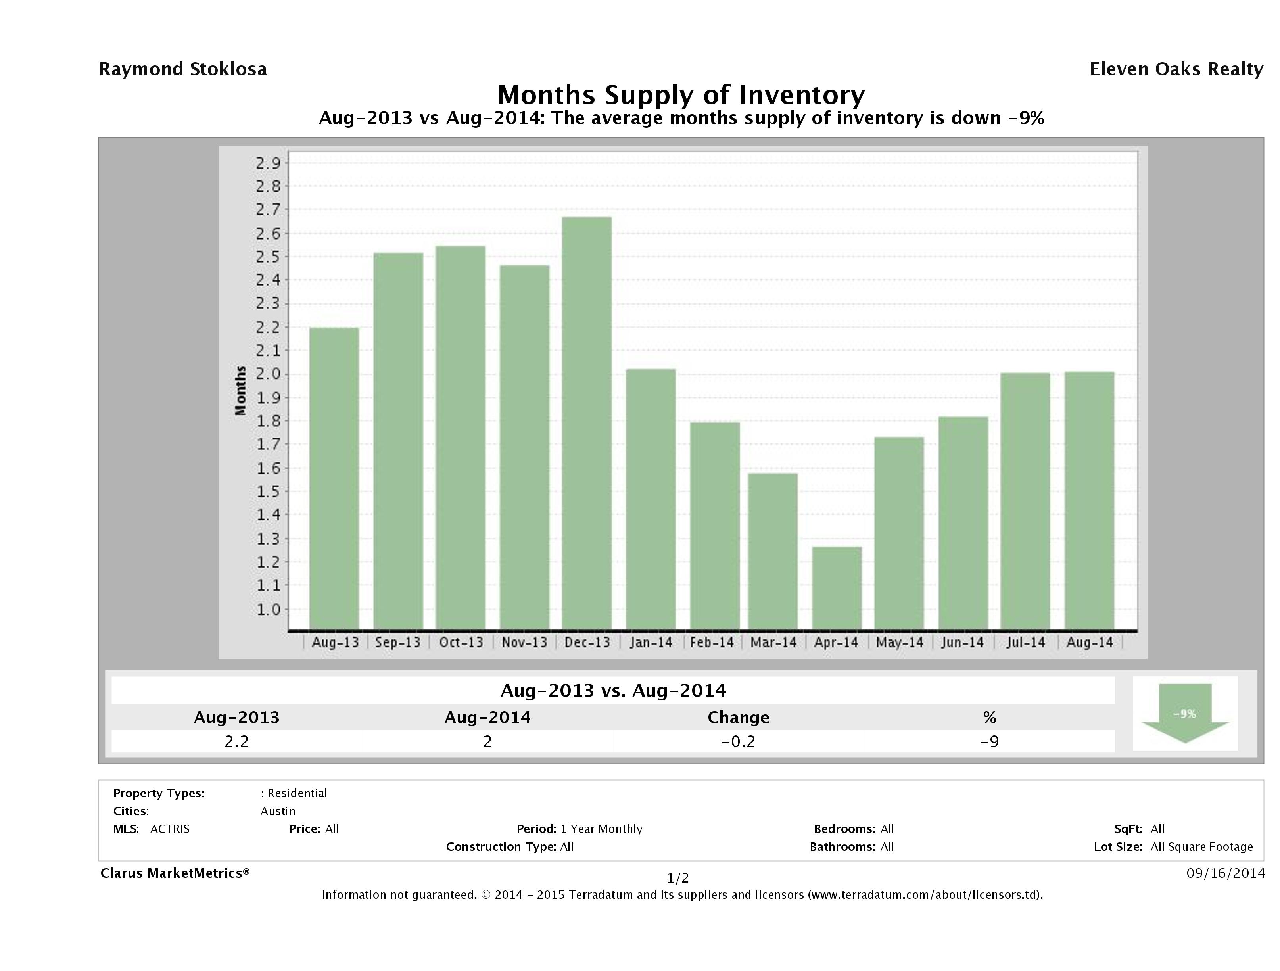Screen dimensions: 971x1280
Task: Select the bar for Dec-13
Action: point(587,422)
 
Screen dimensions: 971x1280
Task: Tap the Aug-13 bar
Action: point(334,478)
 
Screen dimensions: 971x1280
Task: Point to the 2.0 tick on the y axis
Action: point(269,374)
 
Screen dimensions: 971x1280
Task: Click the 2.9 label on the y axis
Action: point(269,163)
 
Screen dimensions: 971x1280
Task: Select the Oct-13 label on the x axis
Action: point(461,642)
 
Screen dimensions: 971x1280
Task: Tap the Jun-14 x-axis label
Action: point(962,642)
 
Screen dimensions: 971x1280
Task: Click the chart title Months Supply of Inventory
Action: point(681,94)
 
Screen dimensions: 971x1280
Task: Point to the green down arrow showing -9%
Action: point(1184,713)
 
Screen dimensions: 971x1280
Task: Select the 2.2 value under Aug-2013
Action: point(237,741)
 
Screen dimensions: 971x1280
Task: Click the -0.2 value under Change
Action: point(739,741)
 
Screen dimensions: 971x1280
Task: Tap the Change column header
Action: point(739,718)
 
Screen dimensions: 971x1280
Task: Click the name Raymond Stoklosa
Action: point(183,69)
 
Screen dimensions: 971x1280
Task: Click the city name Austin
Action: point(278,811)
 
